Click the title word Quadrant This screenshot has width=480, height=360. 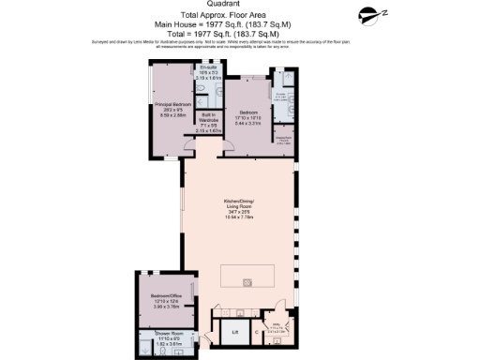pos(239,4)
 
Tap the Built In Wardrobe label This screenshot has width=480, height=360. pos(208,118)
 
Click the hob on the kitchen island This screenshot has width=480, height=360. pos(247,282)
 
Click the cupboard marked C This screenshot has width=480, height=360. pos(256,332)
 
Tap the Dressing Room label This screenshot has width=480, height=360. pos(280,138)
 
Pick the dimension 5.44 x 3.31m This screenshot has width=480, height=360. pos(246,124)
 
